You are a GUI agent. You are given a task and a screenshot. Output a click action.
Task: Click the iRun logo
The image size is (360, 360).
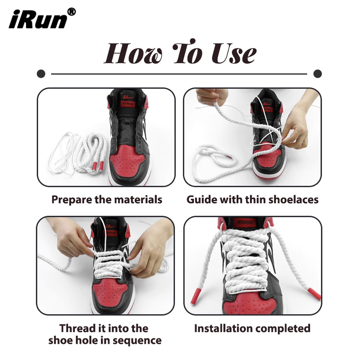(x=37, y=20)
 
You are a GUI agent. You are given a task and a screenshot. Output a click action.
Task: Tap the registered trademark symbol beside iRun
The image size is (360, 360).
(x=72, y=12)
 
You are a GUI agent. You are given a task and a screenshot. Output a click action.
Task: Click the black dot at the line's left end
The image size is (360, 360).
(x=41, y=74)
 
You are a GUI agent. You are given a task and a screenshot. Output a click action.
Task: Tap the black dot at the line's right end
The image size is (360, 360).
(x=318, y=74)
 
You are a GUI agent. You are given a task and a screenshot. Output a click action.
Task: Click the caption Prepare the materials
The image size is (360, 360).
(x=107, y=199)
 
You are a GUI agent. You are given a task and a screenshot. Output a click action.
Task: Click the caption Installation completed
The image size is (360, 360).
(x=252, y=328)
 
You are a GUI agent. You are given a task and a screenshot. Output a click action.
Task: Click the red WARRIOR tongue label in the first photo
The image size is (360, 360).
(x=128, y=104)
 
